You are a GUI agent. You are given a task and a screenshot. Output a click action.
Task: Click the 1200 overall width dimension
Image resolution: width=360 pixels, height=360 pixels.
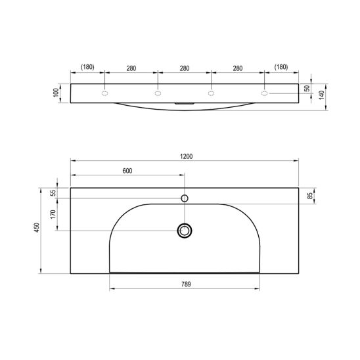pyautogui.click(x=186, y=156)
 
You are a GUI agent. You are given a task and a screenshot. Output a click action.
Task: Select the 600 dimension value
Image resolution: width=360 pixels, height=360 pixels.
pyautogui.click(x=127, y=171)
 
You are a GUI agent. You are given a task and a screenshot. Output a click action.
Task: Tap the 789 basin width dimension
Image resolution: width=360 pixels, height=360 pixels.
pyautogui.click(x=186, y=284)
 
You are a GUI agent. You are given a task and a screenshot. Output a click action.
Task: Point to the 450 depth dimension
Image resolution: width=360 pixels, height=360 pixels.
pyautogui.click(x=37, y=227)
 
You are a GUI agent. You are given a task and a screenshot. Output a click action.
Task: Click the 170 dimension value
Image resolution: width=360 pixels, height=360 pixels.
pyautogui.click(x=53, y=214)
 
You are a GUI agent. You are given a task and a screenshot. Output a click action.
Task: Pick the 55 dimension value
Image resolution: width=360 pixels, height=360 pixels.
pyautogui.click(x=53, y=193)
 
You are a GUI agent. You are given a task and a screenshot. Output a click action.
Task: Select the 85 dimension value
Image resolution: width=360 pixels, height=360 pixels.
pyautogui.click(x=310, y=196)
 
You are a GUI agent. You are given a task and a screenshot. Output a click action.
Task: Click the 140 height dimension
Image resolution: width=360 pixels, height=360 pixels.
pyautogui.click(x=322, y=95)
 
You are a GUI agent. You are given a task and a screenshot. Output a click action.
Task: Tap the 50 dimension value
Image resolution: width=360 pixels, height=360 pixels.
pyautogui.click(x=307, y=89)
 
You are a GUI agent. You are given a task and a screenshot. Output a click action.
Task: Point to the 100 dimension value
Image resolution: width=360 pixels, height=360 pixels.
pyautogui.click(x=56, y=93)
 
